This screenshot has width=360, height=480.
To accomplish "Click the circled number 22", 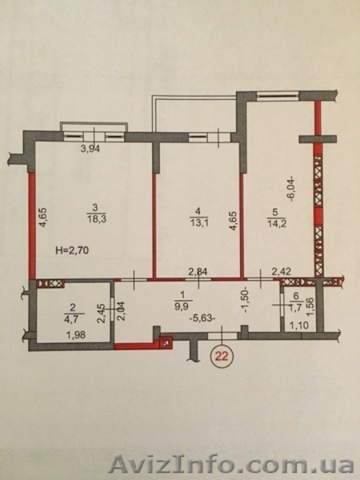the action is click(222, 356).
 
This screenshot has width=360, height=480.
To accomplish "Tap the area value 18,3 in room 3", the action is click(96, 219).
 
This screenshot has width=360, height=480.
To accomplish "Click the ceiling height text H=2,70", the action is click(73, 250).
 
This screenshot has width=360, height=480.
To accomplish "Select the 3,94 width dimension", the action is click(90, 149).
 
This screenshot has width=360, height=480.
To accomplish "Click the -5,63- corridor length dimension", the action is click(202, 318).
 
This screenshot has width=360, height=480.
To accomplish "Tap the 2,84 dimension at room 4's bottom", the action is click(198, 271).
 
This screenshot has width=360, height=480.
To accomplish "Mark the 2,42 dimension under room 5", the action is click(282, 271).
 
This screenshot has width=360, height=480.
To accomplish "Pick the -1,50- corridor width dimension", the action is click(247, 301).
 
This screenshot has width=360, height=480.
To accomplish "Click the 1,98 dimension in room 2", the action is click(76, 335).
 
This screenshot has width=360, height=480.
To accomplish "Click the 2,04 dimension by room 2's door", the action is click(122, 312).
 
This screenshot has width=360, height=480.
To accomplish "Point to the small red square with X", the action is click(166, 342).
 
